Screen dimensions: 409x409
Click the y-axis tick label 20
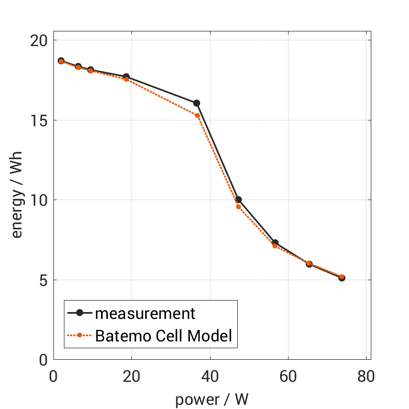[x=39, y=40]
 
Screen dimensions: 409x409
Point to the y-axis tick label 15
[x=39, y=120]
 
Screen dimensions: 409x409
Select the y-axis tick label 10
[x=39, y=200]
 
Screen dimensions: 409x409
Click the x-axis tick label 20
[x=131, y=377]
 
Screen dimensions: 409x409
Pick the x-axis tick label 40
[x=209, y=377]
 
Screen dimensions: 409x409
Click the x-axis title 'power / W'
[x=212, y=399]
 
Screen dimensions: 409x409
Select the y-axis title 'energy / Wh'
[x=17, y=200]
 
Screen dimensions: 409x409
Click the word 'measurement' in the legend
[x=145, y=314]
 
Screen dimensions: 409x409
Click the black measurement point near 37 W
[x=196, y=103]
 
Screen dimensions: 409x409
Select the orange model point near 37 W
[x=197, y=115]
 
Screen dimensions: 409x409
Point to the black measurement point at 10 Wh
[x=238, y=200]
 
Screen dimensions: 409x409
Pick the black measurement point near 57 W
[x=275, y=243]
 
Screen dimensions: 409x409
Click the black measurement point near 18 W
[x=126, y=77]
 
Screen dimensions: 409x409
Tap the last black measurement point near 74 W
[x=341, y=278]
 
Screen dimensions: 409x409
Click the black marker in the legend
[x=80, y=313]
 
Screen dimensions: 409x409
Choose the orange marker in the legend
[x=80, y=335]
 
